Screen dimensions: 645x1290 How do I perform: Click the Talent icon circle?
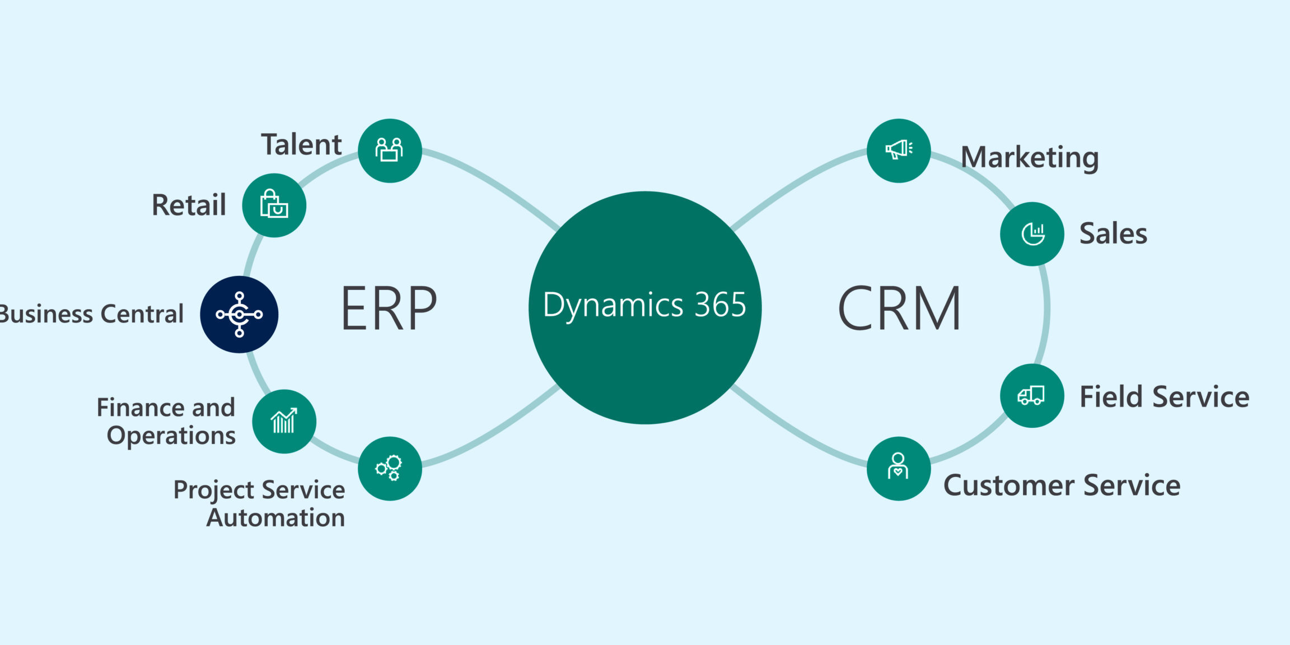[x=390, y=151]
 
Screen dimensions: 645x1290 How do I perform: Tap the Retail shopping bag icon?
[x=274, y=205]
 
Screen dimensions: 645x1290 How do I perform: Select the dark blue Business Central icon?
[x=239, y=314]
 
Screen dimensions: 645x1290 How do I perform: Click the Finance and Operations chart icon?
[x=284, y=421]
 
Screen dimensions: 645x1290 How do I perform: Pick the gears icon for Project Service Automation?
[x=390, y=468]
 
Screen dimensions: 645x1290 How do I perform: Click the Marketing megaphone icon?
[x=899, y=150]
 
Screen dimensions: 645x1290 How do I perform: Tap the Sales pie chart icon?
[x=1032, y=233]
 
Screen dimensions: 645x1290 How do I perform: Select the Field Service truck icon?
[x=1032, y=395]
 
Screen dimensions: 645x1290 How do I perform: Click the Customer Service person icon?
[x=898, y=468]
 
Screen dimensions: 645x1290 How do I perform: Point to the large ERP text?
[x=389, y=309]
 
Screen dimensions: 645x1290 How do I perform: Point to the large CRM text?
[x=899, y=309]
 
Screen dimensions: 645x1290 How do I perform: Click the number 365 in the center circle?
[x=720, y=305]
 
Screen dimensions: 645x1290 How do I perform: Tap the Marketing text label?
[x=1030, y=157]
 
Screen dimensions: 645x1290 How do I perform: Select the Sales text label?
[x=1113, y=233]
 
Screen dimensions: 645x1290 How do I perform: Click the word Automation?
[x=275, y=518]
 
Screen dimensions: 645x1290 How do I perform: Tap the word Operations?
[x=171, y=436]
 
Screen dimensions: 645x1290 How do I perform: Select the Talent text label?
[x=301, y=144]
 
